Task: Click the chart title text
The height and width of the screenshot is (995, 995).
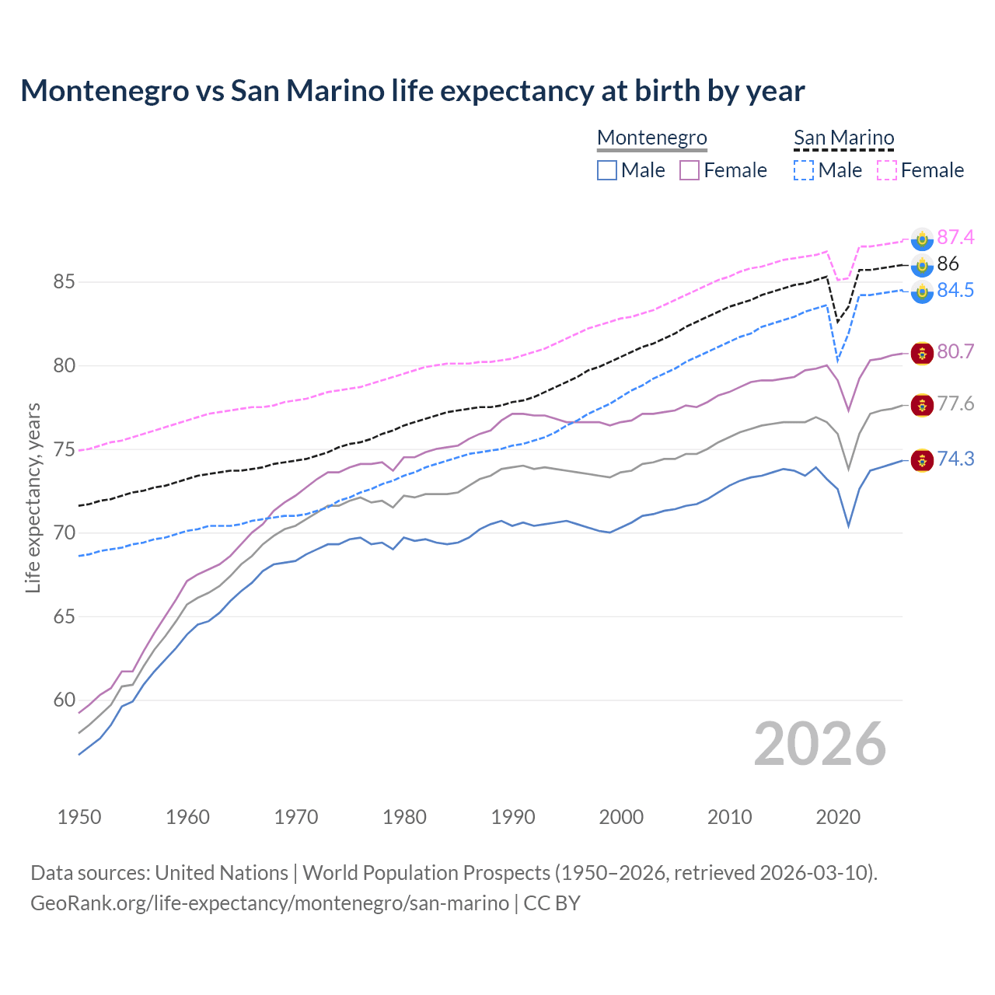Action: [x=412, y=91]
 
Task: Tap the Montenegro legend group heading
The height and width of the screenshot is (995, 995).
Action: [x=651, y=138]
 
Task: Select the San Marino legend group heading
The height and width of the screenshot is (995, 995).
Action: [x=843, y=138]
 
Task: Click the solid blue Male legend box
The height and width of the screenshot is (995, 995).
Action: [x=607, y=170]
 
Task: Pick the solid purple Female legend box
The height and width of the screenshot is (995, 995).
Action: [x=690, y=170]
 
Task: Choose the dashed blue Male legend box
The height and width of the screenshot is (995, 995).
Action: [x=804, y=170]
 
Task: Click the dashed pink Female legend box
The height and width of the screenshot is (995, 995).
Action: [x=886, y=170]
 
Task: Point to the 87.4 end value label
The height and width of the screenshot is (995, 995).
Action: [x=955, y=237]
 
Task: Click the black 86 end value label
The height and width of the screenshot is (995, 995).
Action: [x=948, y=264]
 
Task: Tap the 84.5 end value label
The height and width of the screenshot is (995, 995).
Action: [x=955, y=290]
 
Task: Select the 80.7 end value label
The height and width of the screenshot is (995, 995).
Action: [x=955, y=351]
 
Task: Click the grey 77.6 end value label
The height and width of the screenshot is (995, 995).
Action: [x=955, y=403]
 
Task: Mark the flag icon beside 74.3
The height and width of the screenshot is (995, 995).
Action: [x=922, y=460]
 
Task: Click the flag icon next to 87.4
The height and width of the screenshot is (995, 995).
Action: [x=922, y=239]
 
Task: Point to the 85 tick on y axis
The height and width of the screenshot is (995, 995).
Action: [x=64, y=281]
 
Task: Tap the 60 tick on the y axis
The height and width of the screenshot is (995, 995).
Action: [x=64, y=700]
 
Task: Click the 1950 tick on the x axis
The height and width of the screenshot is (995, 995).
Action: [x=79, y=817]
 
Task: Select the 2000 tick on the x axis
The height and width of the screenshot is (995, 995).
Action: [x=621, y=817]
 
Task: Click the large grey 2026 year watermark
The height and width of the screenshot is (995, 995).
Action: [x=819, y=744]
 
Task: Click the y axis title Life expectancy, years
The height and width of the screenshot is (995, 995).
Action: [x=33, y=497]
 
